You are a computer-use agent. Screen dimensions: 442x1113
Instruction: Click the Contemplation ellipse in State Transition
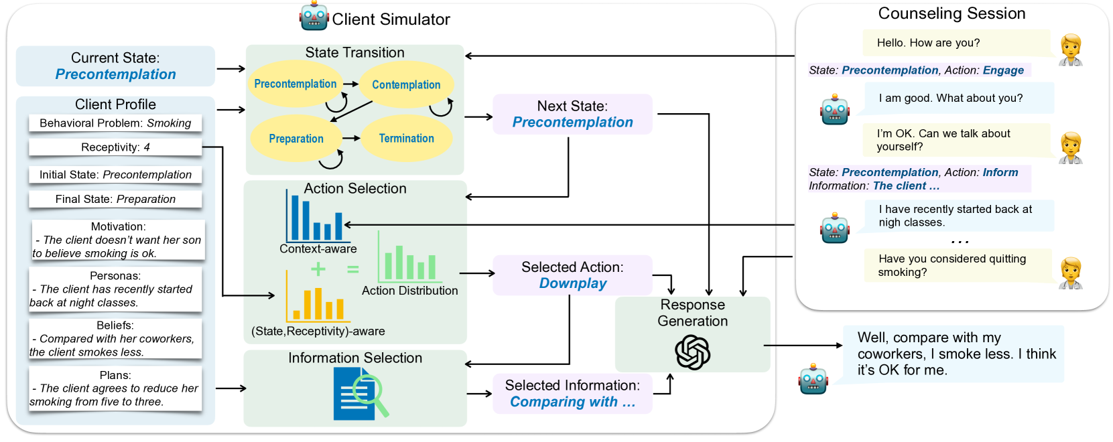(406, 85)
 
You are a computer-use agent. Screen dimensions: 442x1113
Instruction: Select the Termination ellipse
(406, 139)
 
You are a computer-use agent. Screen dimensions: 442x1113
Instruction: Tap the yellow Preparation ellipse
(296, 139)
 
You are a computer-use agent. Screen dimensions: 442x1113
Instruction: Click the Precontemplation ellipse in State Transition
(295, 84)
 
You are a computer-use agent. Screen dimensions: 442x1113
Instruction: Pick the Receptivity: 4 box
(115, 147)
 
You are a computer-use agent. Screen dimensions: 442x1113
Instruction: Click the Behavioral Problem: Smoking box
(115, 123)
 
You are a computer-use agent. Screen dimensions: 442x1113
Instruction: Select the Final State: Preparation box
(115, 200)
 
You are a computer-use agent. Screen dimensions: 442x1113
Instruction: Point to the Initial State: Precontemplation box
(115, 175)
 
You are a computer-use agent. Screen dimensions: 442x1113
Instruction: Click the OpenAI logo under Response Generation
(692, 352)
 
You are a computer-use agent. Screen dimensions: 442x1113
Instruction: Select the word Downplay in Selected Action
(573, 283)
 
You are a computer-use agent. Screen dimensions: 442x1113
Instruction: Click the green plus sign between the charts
(318, 269)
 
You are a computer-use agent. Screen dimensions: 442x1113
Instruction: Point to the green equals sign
(352, 269)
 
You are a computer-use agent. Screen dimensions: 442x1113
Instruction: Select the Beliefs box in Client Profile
(115, 339)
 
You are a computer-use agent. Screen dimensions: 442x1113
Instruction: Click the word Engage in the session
(1003, 70)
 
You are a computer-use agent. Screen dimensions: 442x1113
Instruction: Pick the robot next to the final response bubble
(813, 379)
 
